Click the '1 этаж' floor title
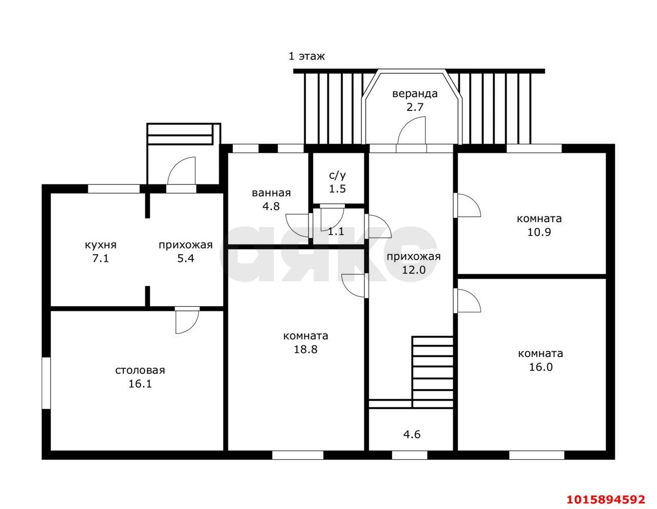pos(306,56)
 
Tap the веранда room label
pos(415,93)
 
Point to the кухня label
pos(101,244)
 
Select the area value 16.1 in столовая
pos(140,384)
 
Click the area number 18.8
pos(306,349)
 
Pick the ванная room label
pos(271,193)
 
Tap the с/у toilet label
pos(337,175)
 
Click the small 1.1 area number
pos(336,231)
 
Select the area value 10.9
pos(539,232)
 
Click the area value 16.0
pos(541,367)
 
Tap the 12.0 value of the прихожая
pos(414,270)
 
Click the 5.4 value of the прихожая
pos(186,258)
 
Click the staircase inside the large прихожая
pos(432,372)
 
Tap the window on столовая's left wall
pos(46,383)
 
